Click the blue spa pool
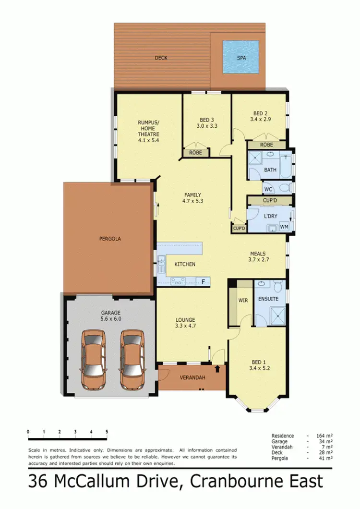[240, 57]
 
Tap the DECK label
[161, 58]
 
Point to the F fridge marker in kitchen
[203, 281]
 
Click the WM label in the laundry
[284, 227]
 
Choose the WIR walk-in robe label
[242, 300]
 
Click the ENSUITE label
[268, 299]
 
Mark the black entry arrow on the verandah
[218, 369]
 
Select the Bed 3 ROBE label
[195, 153]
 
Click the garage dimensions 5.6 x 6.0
[110, 318]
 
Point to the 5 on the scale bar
[107, 432]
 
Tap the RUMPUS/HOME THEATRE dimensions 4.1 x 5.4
[148, 141]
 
